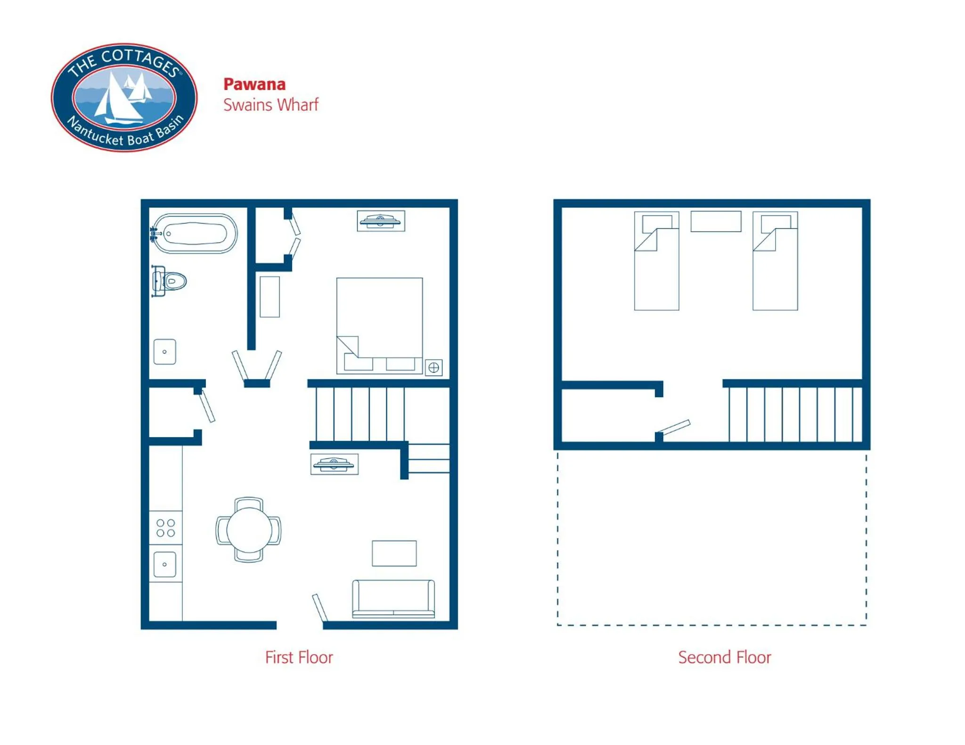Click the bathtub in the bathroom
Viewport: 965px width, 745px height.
(x=195, y=233)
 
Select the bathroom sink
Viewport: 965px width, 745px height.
(x=164, y=351)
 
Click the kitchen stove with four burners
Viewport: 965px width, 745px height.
(x=165, y=528)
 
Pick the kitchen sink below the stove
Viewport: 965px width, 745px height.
(x=164, y=564)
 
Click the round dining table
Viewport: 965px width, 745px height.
(x=249, y=530)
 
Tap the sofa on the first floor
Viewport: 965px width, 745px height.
(x=393, y=599)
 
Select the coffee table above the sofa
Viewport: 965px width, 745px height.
(x=394, y=553)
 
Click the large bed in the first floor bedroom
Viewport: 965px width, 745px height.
(x=379, y=320)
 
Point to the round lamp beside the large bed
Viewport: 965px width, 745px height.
(x=433, y=367)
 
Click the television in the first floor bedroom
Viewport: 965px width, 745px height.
(x=381, y=220)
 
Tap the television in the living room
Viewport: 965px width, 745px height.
(x=334, y=464)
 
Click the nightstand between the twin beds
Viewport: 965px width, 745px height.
(x=715, y=221)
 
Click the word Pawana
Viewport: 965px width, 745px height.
(x=254, y=84)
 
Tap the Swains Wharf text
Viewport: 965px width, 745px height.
(x=270, y=105)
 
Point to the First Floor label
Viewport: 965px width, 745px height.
(x=299, y=657)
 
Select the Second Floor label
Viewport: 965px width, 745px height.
(x=724, y=657)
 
